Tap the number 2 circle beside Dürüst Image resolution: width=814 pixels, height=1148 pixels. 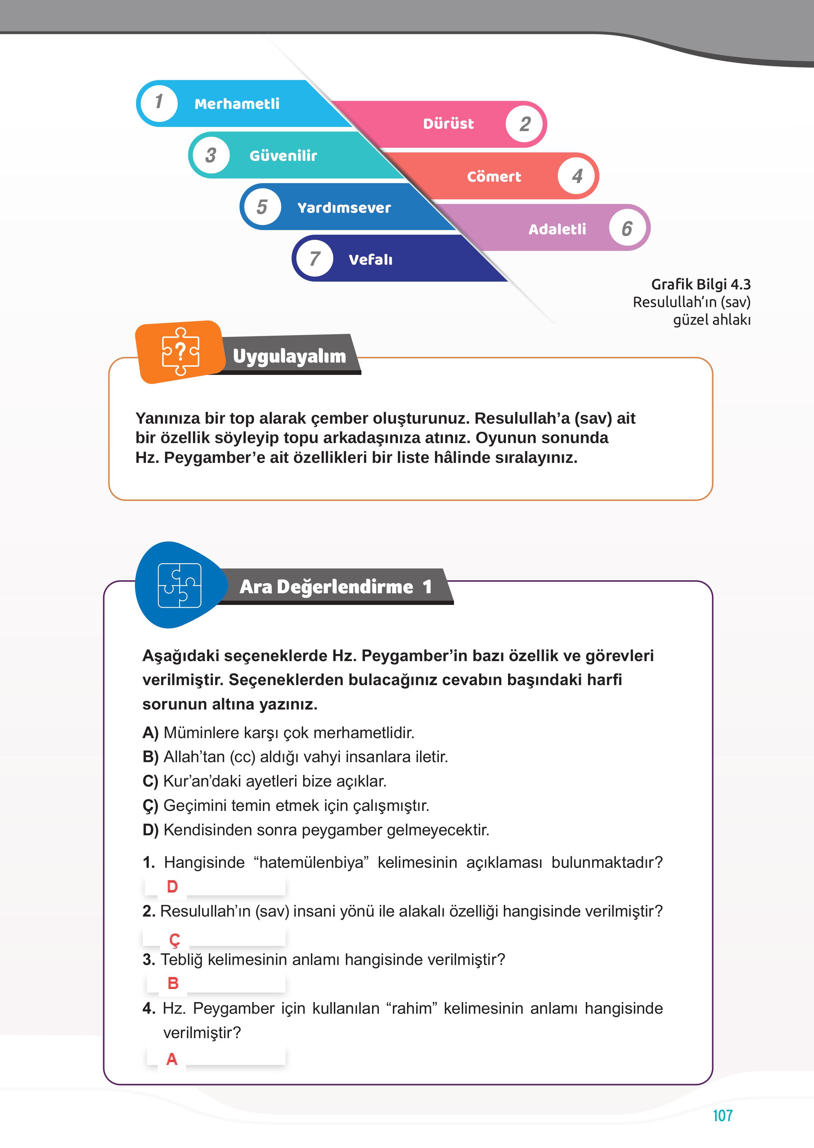point(525,124)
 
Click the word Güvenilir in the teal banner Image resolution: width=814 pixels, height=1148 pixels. point(283,156)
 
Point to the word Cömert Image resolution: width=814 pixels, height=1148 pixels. point(494,176)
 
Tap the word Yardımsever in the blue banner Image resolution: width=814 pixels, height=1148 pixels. point(344,207)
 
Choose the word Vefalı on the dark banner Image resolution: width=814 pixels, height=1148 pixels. point(370,260)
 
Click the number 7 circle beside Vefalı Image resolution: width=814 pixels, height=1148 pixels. point(314,259)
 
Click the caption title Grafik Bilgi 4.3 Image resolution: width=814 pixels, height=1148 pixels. point(700,284)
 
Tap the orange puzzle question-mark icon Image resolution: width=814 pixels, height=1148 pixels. point(181,352)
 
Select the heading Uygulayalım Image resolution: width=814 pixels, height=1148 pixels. point(289,356)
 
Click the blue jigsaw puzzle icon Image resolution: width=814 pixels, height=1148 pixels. point(179,585)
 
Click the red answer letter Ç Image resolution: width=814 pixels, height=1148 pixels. point(174,940)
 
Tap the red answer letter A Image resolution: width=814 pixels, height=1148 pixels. point(171,1059)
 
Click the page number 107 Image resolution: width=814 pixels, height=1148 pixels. point(722,1115)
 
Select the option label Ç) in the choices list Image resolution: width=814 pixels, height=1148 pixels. point(151,806)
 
